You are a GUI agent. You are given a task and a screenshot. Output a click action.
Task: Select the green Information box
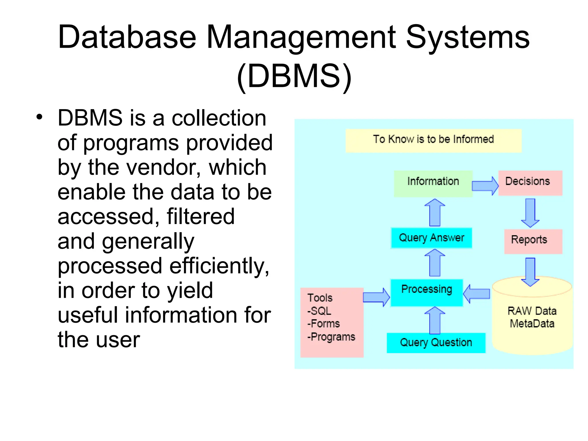point(433,183)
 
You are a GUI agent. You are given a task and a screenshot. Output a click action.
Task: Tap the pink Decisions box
point(530,183)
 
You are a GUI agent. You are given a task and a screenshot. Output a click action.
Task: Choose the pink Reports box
point(533,241)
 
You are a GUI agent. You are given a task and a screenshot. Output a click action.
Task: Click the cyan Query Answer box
point(431,238)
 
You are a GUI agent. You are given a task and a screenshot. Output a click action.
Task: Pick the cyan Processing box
point(427,292)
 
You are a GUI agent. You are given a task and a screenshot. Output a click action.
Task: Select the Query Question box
point(436,343)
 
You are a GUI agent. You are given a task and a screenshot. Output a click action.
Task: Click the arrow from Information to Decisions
point(485,185)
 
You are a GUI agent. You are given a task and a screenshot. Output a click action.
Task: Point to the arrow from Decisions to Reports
point(530,212)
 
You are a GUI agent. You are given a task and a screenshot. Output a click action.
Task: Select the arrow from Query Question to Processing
point(435,320)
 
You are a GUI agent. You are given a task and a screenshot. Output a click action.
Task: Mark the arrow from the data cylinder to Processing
point(477,294)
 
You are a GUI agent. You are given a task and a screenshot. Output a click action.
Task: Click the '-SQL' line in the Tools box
point(319,311)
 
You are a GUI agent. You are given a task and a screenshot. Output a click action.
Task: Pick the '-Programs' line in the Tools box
point(331,337)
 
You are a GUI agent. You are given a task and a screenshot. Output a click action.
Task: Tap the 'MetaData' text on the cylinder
point(532,324)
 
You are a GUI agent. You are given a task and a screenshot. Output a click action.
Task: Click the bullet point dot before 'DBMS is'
point(39,117)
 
